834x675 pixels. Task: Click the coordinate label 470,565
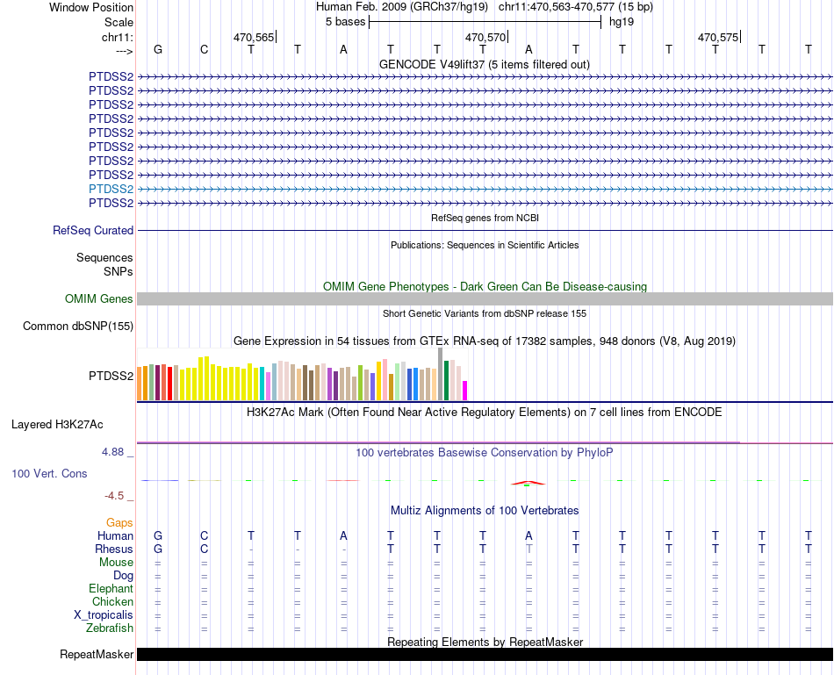click(x=254, y=37)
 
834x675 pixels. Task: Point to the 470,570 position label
click(x=485, y=37)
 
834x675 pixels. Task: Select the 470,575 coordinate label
click(x=718, y=37)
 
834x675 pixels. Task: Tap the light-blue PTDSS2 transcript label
click(x=111, y=189)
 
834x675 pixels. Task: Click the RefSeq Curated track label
click(x=93, y=230)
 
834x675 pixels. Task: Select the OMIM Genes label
click(x=99, y=299)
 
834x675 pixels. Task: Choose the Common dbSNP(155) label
click(x=78, y=327)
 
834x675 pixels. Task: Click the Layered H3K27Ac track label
click(x=57, y=424)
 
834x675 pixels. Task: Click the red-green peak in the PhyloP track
click(x=527, y=483)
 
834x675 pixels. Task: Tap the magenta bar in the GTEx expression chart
click(x=465, y=390)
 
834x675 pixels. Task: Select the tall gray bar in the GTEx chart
click(x=440, y=374)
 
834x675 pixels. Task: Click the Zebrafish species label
click(x=110, y=628)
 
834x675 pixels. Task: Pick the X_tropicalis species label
click(x=104, y=615)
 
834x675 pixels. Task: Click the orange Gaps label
click(x=119, y=522)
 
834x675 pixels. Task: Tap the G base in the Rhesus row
click(x=158, y=549)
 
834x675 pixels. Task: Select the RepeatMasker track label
click(x=97, y=655)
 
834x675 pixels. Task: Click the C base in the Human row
click(x=205, y=535)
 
